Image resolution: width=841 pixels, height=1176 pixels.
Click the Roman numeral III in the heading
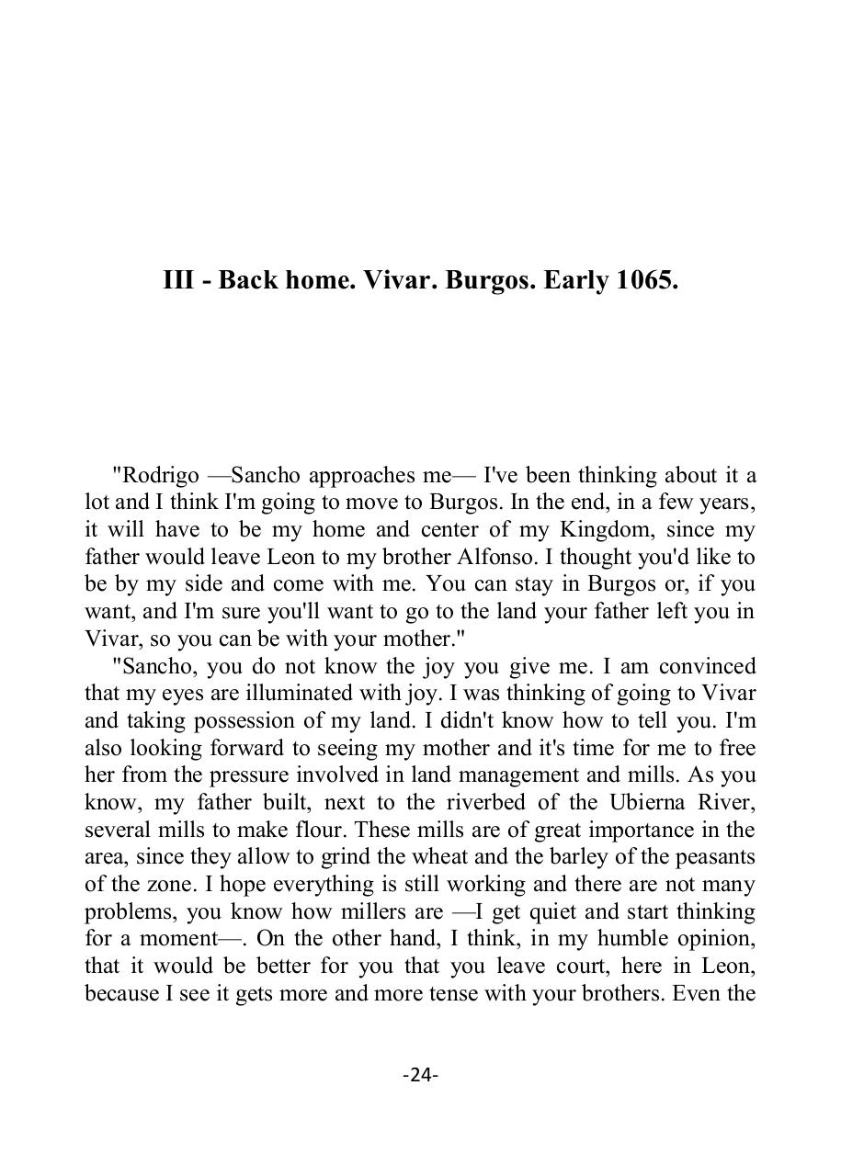tap(178, 280)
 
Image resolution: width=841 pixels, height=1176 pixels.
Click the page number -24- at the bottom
tap(420, 1074)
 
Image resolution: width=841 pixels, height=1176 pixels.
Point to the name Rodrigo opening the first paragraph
tap(154, 476)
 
